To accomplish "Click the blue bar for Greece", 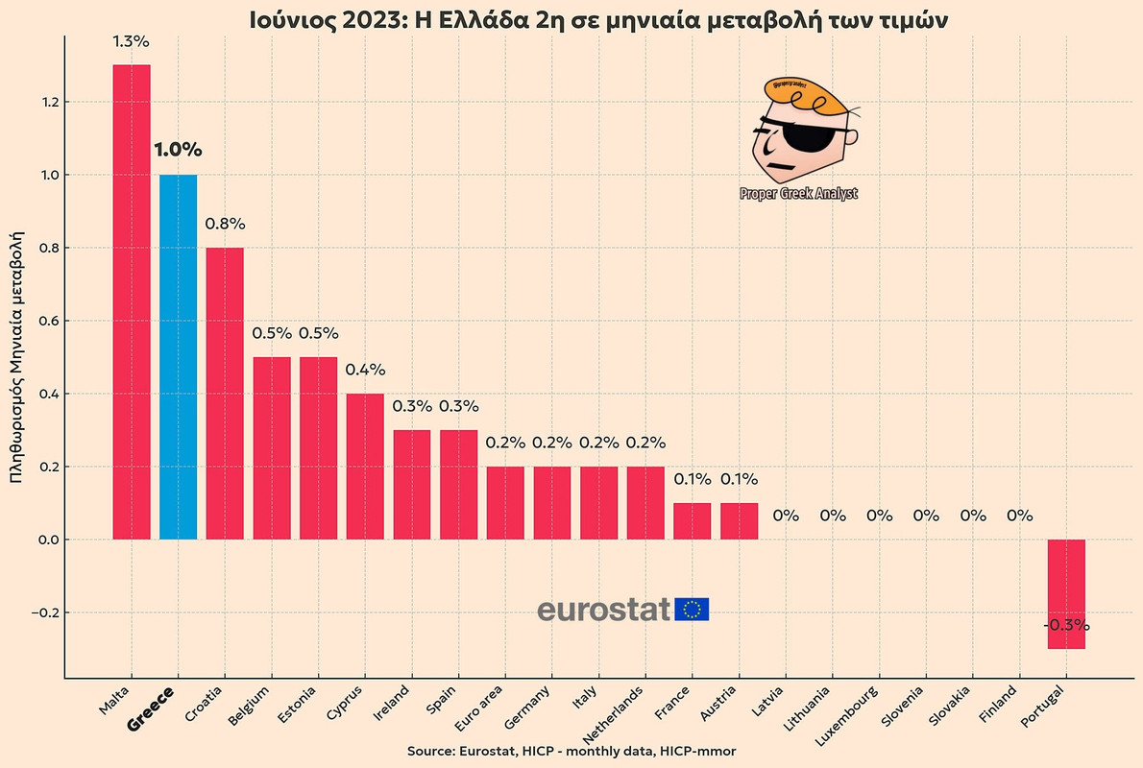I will pos(178,357).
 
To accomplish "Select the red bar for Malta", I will pos(132,302).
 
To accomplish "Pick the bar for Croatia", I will pos(225,394).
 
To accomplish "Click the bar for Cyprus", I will pos(365,467).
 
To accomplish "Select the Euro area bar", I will pos(505,503).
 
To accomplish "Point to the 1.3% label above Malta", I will pos(132,42).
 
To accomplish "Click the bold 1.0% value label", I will pos(178,150).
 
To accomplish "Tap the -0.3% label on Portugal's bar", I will pos(1065,625).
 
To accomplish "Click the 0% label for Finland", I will pos(1018,516).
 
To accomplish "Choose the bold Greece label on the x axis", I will pos(152,708).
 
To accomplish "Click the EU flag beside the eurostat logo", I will pos(692,610).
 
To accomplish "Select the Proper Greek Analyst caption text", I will pos(798,194).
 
